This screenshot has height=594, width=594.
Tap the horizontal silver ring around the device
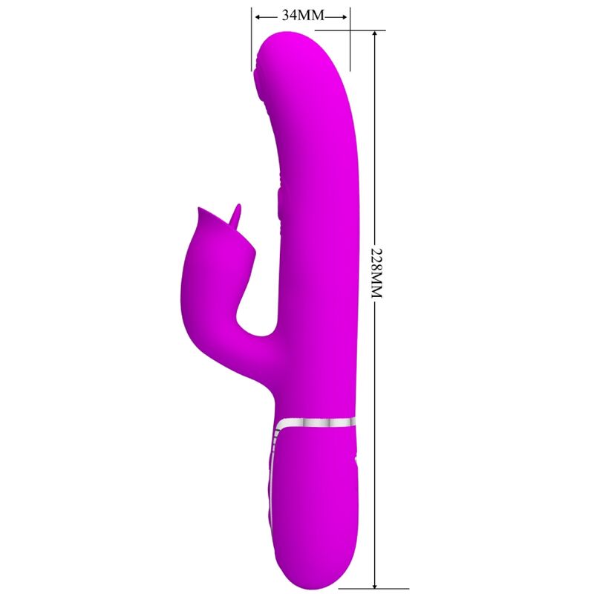316,422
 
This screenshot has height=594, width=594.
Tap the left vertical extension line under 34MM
252,45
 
